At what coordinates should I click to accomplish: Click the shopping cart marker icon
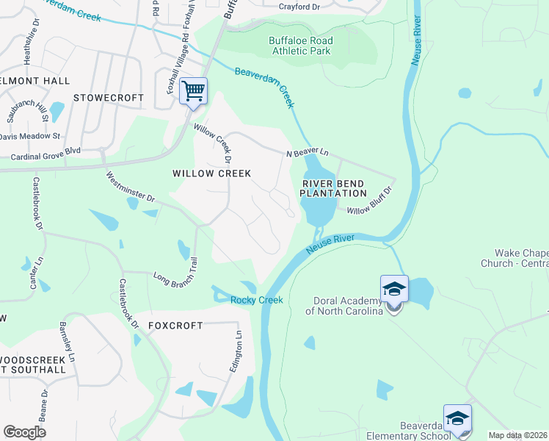point(193,92)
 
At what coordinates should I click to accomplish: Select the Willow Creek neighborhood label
point(211,173)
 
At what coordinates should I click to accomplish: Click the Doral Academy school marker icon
point(394,290)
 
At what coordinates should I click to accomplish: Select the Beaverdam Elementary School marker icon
point(457,419)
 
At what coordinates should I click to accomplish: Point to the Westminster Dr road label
point(131,187)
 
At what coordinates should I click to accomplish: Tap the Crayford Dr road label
point(299,7)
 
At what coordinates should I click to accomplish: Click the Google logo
point(24,432)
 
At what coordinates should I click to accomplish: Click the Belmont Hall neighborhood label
point(34,80)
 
